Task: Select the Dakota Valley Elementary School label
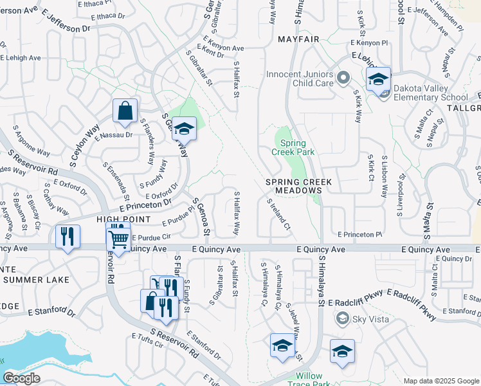pyautogui.click(x=430, y=93)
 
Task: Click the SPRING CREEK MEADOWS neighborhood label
pyautogui.click(x=299, y=187)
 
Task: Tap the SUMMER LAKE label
pyautogui.click(x=37, y=280)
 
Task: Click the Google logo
pyautogui.click(x=21, y=378)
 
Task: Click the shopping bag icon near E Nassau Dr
pyautogui.click(x=125, y=110)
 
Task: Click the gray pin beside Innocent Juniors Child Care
pyautogui.click(x=343, y=79)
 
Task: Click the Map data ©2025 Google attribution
pyautogui.click(x=440, y=381)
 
